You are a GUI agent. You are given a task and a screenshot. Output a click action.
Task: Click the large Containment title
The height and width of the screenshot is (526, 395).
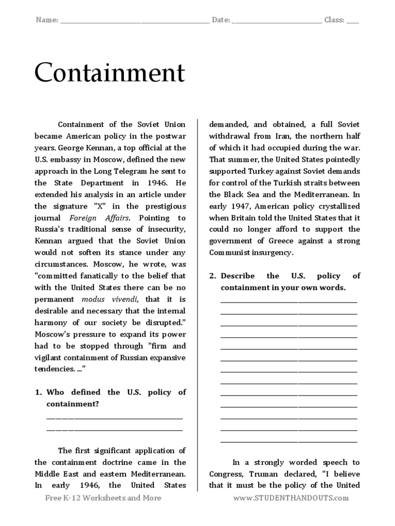[x=109, y=73]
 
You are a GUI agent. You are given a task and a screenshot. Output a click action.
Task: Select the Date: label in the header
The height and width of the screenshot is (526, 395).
[x=221, y=20]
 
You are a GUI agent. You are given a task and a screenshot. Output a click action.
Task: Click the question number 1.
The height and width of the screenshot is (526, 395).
[x=38, y=392]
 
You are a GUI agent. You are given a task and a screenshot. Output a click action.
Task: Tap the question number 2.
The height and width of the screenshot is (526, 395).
[x=212, y=276]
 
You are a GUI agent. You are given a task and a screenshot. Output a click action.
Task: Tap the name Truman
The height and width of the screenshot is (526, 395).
[x=271, y=474]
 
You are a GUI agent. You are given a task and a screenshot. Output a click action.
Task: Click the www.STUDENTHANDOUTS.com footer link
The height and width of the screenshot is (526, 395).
[x=291, y=498]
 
